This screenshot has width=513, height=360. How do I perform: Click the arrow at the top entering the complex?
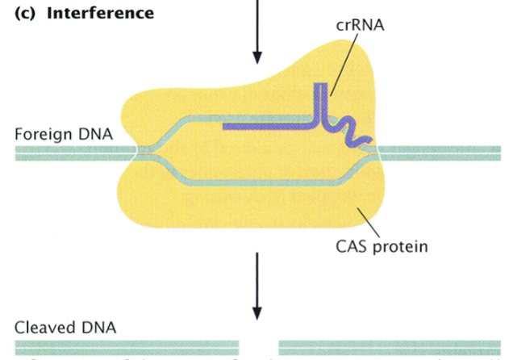(257, 32)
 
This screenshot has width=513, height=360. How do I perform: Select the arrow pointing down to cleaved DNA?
(257, 287)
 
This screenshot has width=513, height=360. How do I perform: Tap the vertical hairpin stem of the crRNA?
(319, 101)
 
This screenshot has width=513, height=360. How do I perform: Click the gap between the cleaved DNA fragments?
(259, 348)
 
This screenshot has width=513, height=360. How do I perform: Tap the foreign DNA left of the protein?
(73, 153)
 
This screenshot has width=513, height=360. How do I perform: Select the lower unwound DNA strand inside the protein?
(258, 183)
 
